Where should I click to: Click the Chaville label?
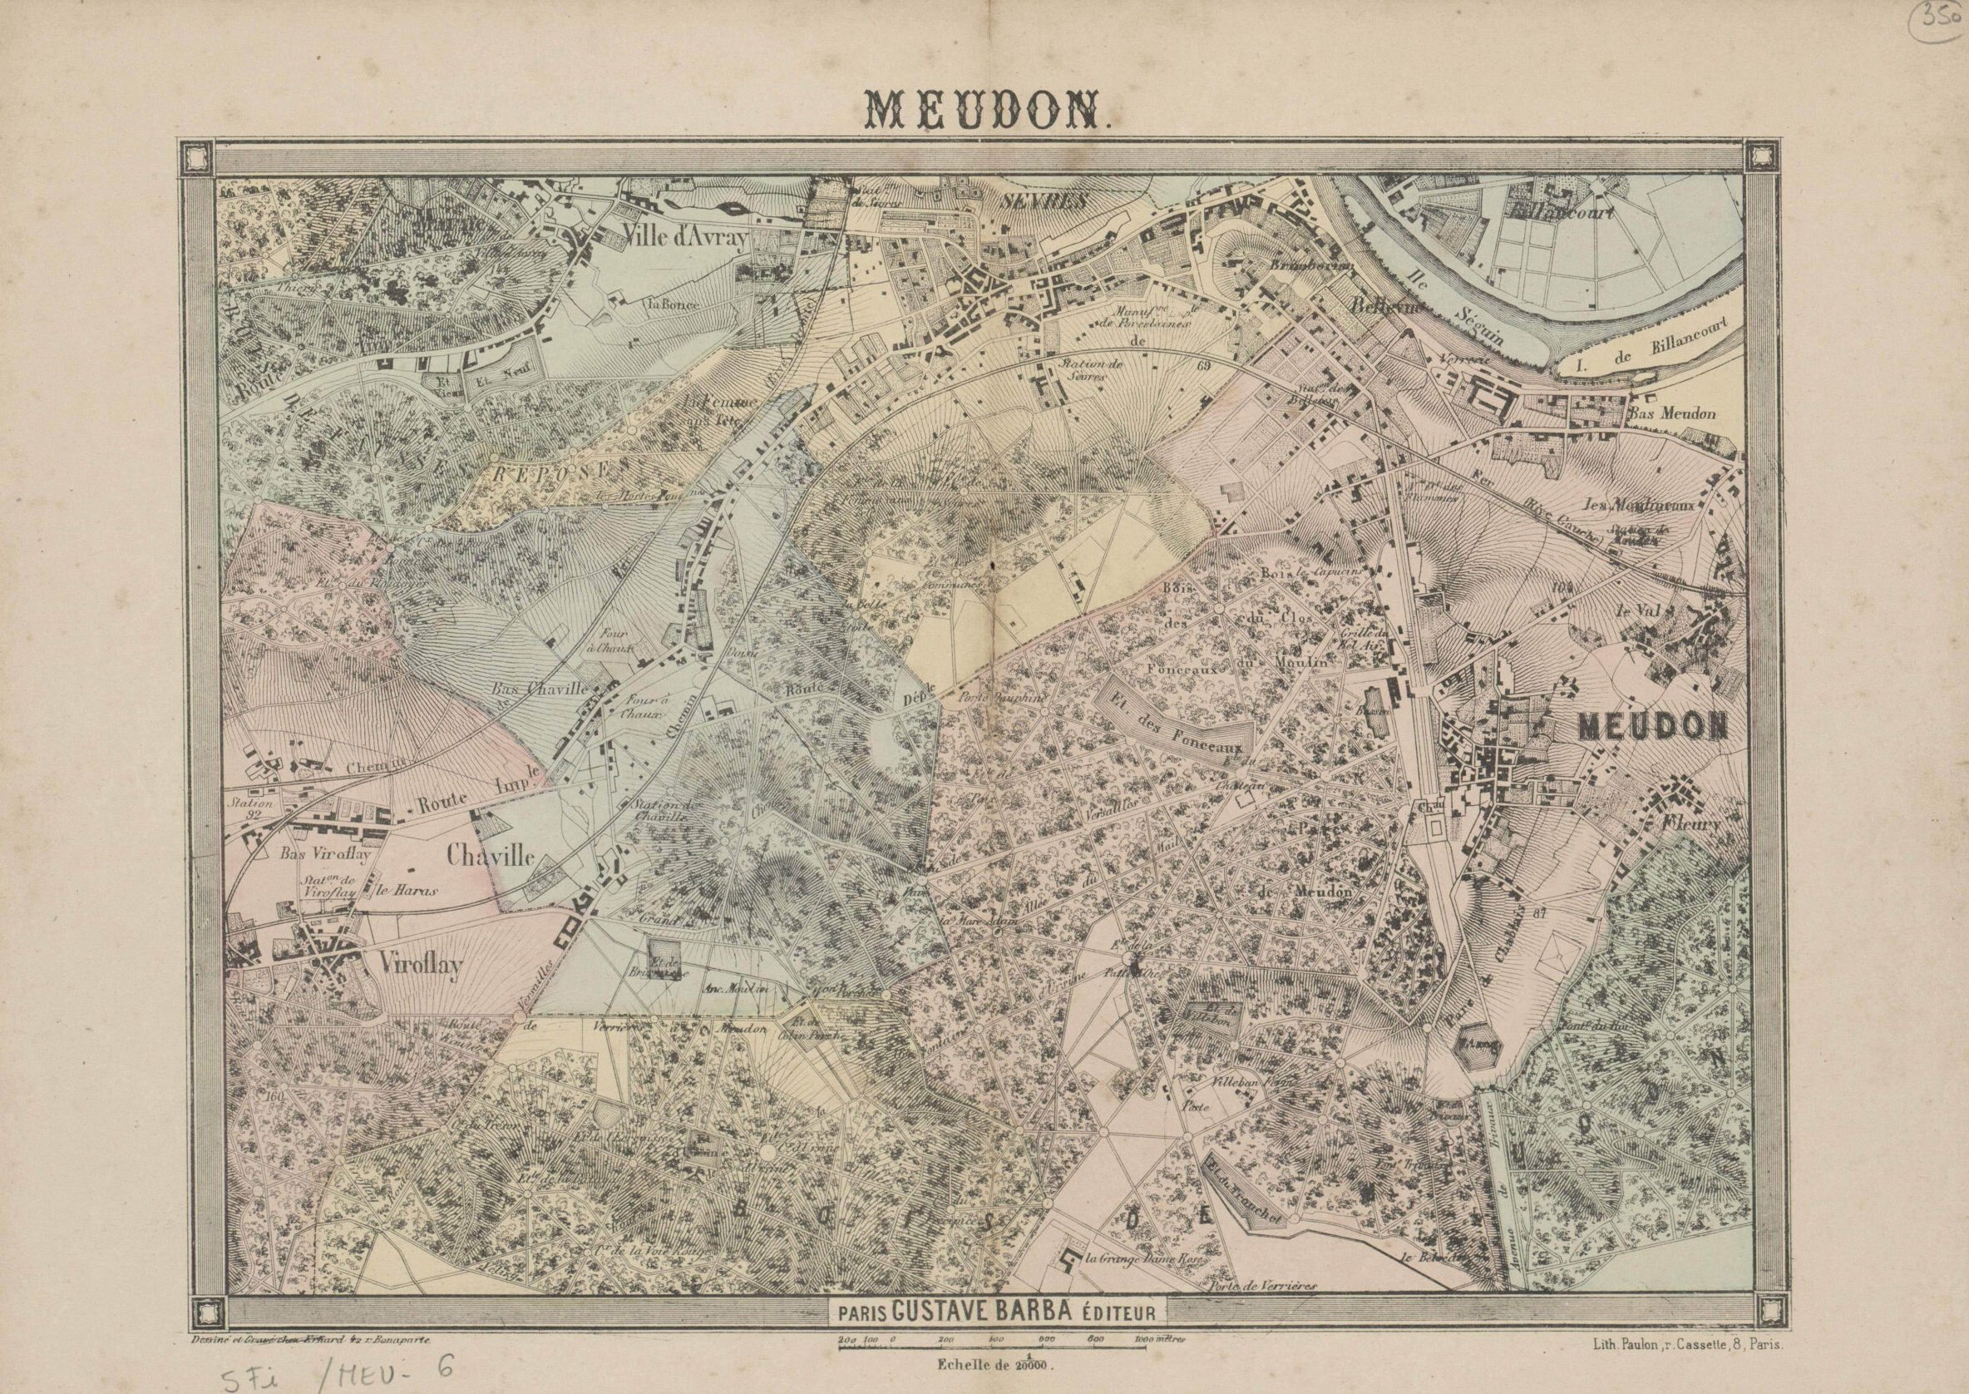(491, 856)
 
